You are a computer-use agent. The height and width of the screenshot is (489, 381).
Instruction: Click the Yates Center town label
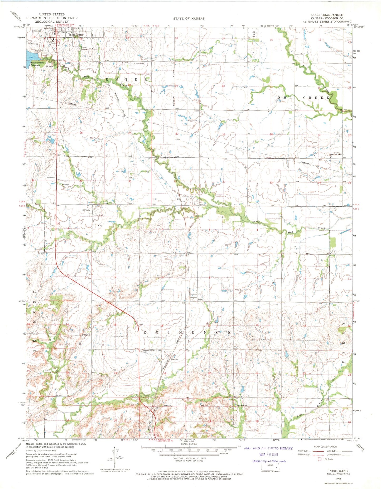tap(76, 35)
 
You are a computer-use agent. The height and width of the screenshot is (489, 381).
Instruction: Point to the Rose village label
tap(201, 300)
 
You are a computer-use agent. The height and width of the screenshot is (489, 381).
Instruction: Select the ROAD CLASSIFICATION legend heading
tap(325, 447)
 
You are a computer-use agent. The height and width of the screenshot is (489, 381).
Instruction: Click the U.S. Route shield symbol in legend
tap(320, 459)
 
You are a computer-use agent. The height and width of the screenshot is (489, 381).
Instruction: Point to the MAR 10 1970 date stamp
tap(268, 454)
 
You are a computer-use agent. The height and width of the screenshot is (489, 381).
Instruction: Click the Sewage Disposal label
tap(84, 48)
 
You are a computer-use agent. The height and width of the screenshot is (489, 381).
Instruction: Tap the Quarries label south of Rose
tap(174, 359)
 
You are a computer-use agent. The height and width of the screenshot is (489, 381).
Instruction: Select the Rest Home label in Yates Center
tap(53, 42)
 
